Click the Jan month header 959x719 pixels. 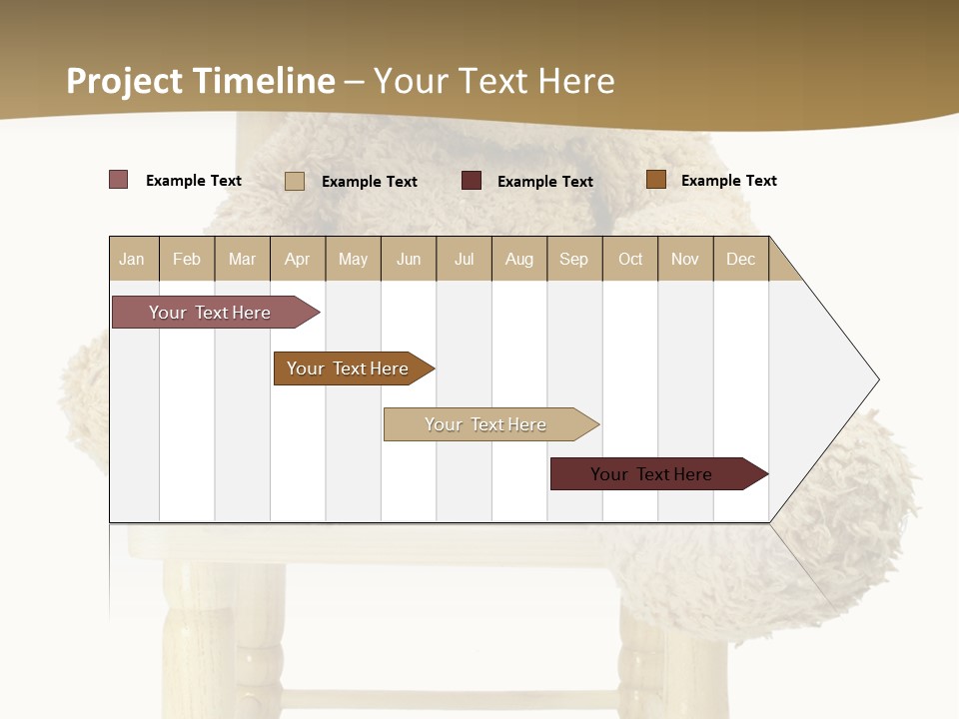(133, 259)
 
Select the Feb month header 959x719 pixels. (187, 259)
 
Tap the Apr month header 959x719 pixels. (298, 259)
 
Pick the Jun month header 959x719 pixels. (409, 259)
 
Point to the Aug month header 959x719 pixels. (519, 259)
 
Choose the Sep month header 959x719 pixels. (574, 259)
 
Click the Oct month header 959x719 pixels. (630, 259)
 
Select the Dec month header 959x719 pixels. (741, 259)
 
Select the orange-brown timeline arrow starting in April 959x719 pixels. (350, 368)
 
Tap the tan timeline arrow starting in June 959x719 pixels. (487, 424)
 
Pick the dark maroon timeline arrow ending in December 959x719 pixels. (654, 474)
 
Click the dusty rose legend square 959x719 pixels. (119, 180)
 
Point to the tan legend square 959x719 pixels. (295, 181)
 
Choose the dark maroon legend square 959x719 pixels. (472, 181)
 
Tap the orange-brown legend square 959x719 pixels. (656, 180)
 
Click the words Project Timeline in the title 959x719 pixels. (201, 81)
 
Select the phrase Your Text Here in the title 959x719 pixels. (494, 81)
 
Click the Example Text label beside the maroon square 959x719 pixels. (545, 182)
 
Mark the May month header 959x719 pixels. (353, 259)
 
